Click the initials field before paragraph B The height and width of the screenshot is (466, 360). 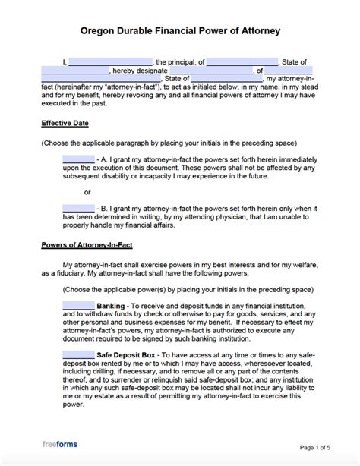78,207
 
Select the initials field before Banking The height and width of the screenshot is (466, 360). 78,304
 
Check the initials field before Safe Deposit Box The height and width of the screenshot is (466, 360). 78,354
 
